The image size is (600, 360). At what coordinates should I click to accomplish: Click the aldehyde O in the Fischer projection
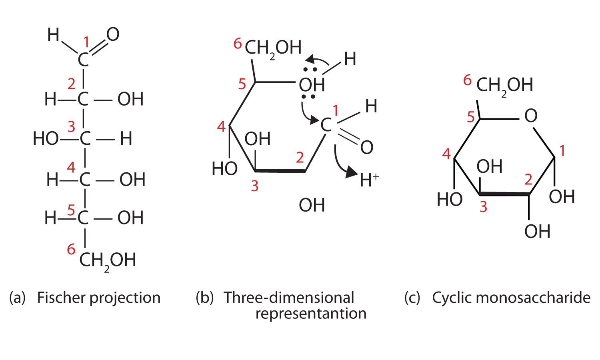[113, 35]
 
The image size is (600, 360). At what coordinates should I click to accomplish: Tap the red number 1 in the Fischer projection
[87, 42]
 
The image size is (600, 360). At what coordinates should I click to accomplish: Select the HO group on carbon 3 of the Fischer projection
[46, 139]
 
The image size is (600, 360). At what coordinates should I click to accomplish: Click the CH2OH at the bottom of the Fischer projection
[108, 260]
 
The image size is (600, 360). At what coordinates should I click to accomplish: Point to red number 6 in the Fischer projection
[71, 249]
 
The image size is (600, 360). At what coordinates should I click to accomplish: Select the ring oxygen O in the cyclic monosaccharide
[530, 116]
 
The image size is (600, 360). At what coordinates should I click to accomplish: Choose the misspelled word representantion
[311, 313]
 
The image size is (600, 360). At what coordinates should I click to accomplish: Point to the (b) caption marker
[204, 298]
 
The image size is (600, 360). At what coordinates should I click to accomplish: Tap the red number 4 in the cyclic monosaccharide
[446, 154]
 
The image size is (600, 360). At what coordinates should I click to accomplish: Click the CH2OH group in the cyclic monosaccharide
[504, 85]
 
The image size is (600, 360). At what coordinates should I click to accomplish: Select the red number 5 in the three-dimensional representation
[242, 84]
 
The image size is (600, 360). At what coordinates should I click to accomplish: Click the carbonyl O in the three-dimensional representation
[366, 148]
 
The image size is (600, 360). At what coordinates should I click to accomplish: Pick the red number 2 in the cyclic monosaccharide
[528, 180]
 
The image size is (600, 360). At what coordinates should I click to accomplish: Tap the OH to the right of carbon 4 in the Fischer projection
[132, 180]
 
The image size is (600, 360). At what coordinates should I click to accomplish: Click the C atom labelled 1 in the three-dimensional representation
[326, 125]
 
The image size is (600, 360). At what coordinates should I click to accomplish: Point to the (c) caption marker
[412, 298]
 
